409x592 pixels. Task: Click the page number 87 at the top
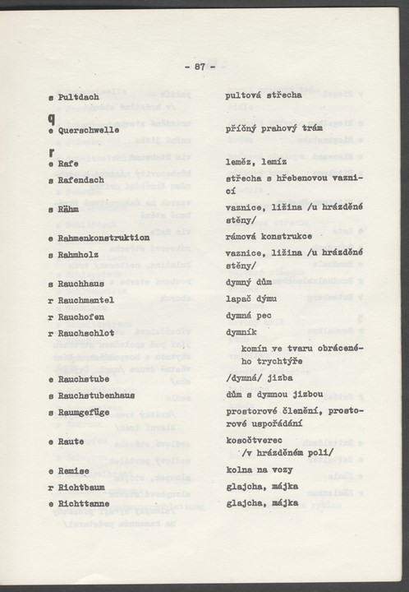pyautogui.click(x=200, y=67)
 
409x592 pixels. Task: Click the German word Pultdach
pyautogui.click(x=79, y=96)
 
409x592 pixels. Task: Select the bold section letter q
pyautogui.click(x=51, y=116)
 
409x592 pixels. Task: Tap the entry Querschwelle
pyautogui.click(x=89, y=130)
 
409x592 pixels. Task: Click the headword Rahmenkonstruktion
pyautogui.click(x=103, y=238)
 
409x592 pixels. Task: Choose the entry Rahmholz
pyautogui.click(x=80, y=255)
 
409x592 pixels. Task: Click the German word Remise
pyautogui.click(x=74, y=470)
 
